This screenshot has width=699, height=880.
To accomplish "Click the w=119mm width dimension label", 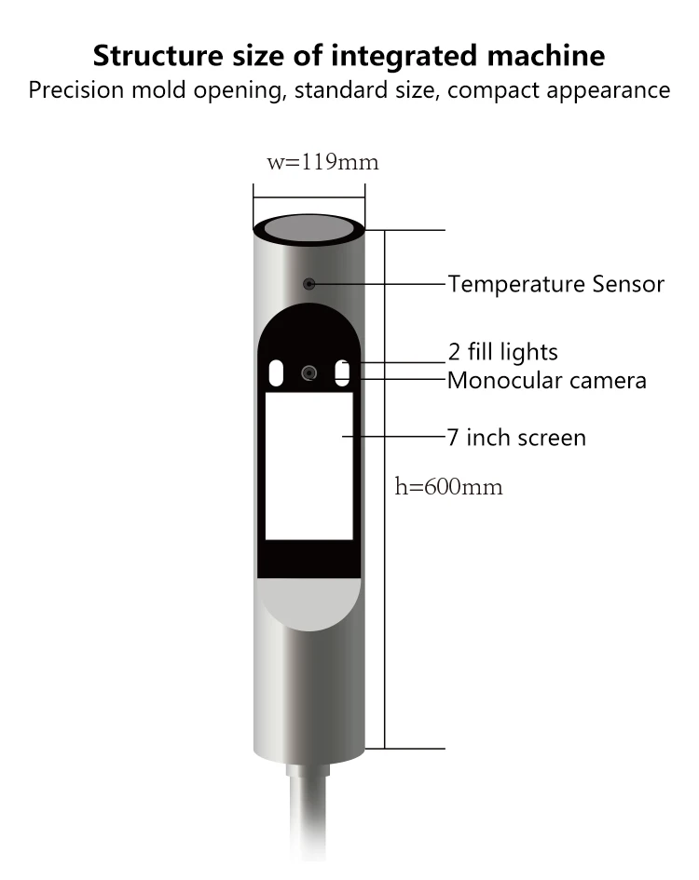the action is pyautogui.click(x=322, y=162).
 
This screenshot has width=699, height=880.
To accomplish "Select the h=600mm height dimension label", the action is pyautogui.click(x=448, y=486).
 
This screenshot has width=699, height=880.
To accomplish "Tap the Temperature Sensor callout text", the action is pyautogui.click(x=555, y=284).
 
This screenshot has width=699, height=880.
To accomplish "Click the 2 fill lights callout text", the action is pyautogui.click(x=502, y=352).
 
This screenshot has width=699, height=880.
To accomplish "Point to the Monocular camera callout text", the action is pyautogui.click(x=546, y=380).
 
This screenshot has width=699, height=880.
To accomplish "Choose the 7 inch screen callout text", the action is pyautogui.click(x=516, y=437).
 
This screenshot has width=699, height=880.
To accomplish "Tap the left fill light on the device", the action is pyautogui.click(x=277, y=372).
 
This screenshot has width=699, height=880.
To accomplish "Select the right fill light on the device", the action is pyautogui.click(x=342, y=372).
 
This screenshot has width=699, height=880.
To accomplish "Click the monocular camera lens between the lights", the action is pyautogui.click(x=308, y=372).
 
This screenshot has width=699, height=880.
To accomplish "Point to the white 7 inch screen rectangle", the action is pyautogui.click(x=308, y=466).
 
